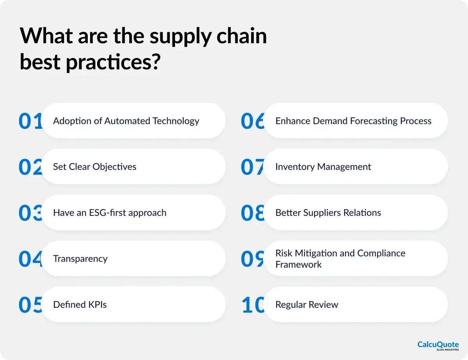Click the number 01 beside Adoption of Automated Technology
tap(30, 121)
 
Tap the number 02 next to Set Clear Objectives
tap(30, 167)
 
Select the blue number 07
tap(253, 167)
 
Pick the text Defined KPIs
tap(80, 305)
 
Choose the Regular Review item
tap(307, 305)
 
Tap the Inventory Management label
tap(323, 167)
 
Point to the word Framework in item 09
tap(298, 265)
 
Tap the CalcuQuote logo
tap(438, 346)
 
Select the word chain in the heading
tap(242, 36)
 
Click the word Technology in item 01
tap(176, 121)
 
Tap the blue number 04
tap(30, 259)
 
